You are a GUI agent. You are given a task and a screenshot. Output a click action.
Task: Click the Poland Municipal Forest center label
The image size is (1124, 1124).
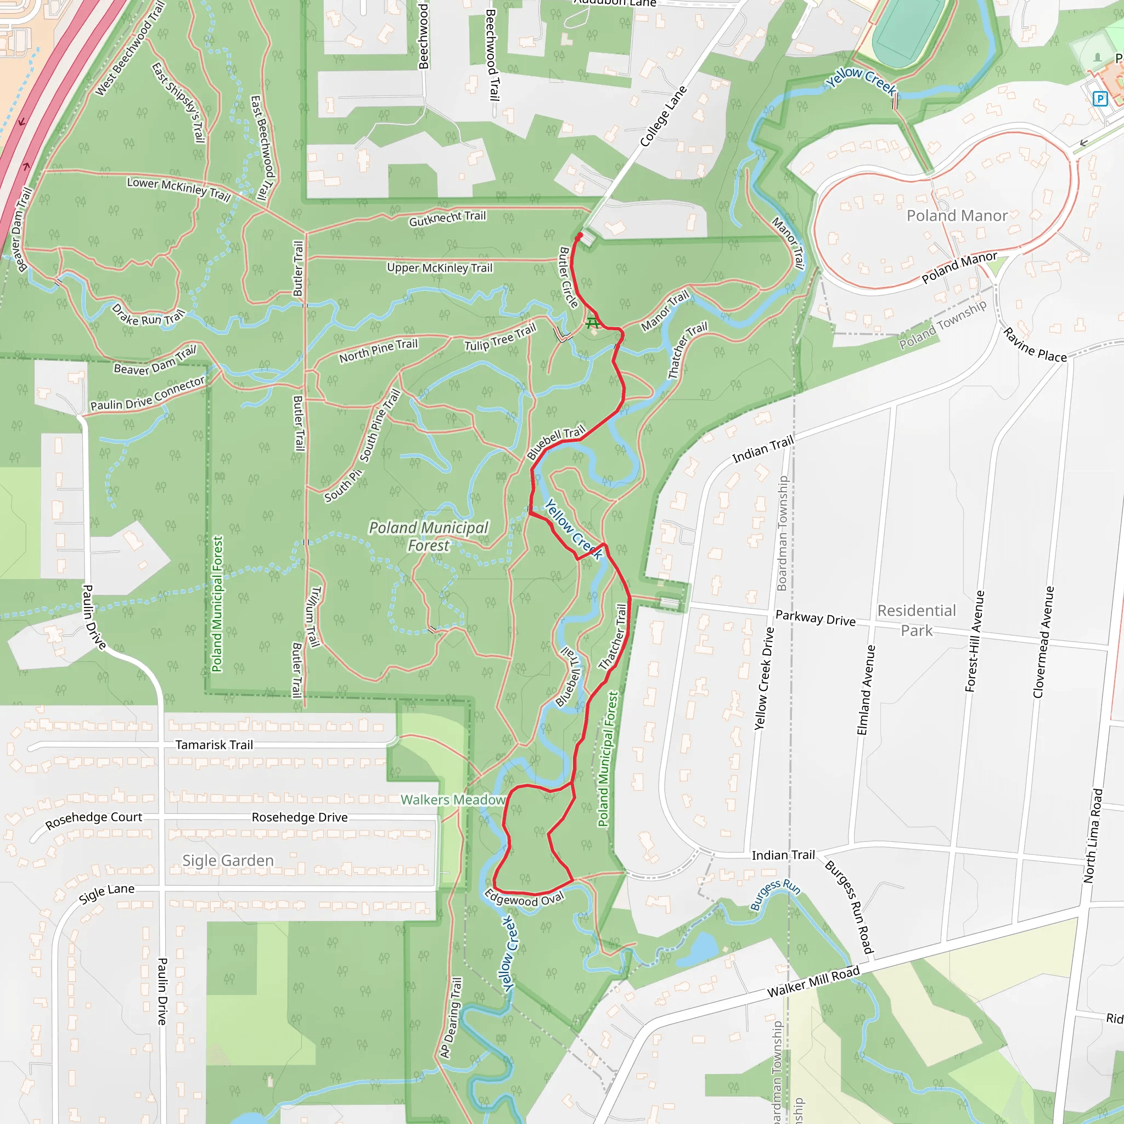coord(429,536)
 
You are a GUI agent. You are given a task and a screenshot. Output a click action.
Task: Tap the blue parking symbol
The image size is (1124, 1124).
coord(1099,99)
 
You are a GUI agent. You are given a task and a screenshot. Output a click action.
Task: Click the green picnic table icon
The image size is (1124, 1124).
coord(592,322)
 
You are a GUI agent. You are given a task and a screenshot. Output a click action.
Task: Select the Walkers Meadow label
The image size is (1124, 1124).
coord(453,800)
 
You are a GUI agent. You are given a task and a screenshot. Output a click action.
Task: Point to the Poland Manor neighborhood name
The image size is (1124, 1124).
coord(957,216)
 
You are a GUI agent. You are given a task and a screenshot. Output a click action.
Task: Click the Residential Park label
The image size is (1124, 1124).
coord(917,620)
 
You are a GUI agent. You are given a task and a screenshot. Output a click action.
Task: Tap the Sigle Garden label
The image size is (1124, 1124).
coord(228,861)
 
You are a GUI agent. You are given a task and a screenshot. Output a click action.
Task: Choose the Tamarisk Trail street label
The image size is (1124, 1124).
coord(214,745)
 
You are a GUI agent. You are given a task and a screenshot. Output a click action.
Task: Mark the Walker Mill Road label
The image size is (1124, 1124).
coord(813,982)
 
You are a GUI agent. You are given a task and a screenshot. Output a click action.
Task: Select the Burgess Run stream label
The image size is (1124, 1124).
coord(775,895)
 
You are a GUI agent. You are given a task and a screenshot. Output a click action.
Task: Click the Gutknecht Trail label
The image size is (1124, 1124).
coord(447,219)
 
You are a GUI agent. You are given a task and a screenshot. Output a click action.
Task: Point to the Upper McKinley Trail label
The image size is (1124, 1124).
coord(439,268)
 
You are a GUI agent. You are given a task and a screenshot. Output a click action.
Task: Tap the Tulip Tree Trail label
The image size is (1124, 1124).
coord(500,338)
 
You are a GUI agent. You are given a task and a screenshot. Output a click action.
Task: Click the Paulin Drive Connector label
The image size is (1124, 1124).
coord(147,394)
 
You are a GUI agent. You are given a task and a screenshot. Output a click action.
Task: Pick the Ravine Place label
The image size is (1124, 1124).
coord(1035,345)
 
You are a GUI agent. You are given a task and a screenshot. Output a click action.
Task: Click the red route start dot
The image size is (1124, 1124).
coord(579,236)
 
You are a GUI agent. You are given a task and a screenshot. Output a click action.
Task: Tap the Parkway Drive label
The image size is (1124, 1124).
coord(815,618)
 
